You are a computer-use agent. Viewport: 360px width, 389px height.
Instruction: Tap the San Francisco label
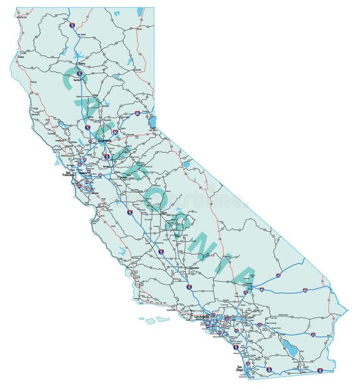(x=67, y=175)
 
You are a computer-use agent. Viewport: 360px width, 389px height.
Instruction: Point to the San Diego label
(x=239, y=368)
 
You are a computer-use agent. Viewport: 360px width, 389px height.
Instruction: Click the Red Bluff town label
(x=77, y=80)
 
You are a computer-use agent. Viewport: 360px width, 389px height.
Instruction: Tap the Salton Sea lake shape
(x=290, y=348)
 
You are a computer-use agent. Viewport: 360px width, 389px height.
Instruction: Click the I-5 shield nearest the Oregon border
(x=72, y=26)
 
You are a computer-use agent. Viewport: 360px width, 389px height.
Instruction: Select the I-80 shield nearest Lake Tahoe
(x=137, y=114)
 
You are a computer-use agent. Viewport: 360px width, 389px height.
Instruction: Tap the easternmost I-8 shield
(x=319, y=370)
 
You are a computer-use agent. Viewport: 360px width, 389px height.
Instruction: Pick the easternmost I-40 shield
(x=304, y=290)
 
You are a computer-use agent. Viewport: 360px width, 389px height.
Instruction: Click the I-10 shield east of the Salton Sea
(x=312, y=335)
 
